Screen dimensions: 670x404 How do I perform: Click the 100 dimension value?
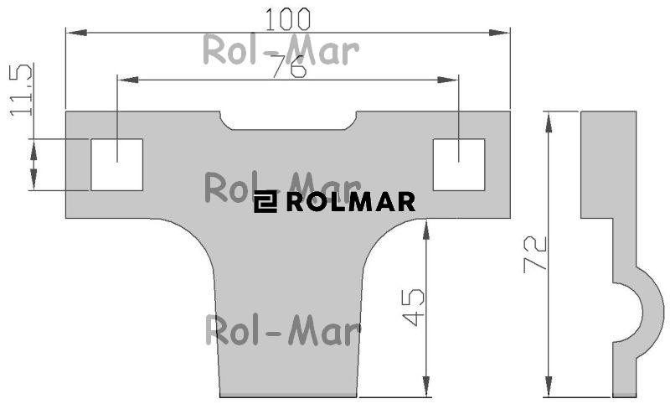287,19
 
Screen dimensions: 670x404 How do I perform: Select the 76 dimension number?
289,66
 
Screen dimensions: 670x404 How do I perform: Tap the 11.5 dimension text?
21,90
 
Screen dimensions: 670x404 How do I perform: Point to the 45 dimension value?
413,308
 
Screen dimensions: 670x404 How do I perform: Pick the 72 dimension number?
535,253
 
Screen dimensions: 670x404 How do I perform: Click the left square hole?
116,164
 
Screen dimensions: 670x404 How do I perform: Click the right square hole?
459,164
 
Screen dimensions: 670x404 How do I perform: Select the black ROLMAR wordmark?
350,202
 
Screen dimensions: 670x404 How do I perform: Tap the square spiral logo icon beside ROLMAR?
265,202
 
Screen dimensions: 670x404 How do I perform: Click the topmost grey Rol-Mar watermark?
281,50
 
